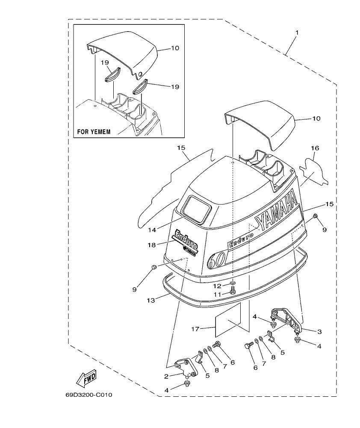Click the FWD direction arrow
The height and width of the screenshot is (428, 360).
(86, 378)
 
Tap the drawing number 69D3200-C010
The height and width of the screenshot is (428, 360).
(89, 395)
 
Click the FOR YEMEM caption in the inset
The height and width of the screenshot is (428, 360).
(94, 132)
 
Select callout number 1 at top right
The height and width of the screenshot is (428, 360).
(297, 32)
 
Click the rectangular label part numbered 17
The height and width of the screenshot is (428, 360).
(229, 321)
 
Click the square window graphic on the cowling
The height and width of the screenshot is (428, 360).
(196, 210)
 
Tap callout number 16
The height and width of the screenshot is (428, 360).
(315, 148)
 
